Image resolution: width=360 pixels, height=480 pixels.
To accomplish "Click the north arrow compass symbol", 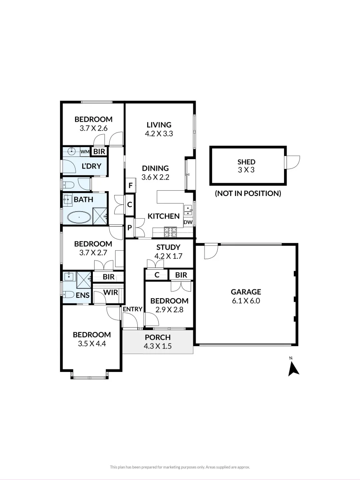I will tap(293, 368).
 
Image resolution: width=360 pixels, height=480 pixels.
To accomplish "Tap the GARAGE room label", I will tap(245, 292).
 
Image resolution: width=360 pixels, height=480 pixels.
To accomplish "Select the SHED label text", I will tap(246, 162).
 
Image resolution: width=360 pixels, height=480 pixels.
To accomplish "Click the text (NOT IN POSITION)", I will tap(248, 193).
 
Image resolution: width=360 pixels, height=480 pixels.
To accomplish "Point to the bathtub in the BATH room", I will tap(79, 218).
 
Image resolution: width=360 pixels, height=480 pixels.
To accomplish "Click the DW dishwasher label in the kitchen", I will tap(188, 222).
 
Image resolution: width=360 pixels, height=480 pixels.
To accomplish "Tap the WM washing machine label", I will tap(85, 152).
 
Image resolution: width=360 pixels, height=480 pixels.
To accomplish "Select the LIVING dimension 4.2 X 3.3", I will tap(159, 133).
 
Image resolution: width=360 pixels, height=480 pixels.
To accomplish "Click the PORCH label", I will tap(157, 338).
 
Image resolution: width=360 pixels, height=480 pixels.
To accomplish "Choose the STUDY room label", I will tap(168, 248).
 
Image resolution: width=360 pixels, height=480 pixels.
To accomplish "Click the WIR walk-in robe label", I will tap(110, 292).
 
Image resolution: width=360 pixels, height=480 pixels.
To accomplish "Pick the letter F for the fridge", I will tap(131, 186).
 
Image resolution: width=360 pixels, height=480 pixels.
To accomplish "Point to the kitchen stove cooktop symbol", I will tap(171, 231).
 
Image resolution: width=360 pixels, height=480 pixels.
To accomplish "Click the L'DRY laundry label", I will tap(92, 167).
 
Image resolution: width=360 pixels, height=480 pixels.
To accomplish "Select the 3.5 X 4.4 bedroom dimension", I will tap(92, 343).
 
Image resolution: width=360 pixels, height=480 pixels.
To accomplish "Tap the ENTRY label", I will tap(132, 309).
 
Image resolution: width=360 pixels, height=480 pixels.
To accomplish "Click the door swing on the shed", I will tap(293, 162).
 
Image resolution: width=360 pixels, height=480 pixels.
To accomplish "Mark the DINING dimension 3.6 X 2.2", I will tap(156, 176).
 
